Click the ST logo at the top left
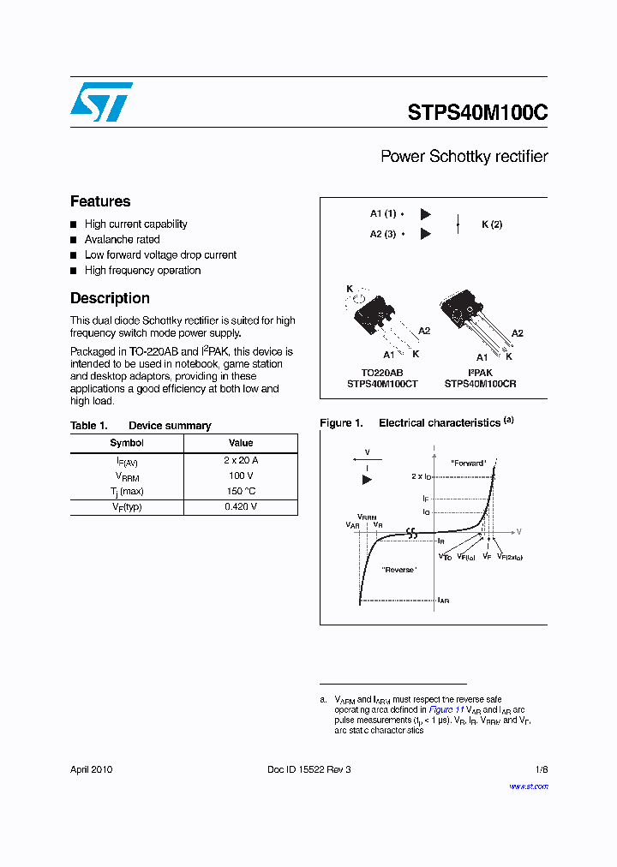tap(101, 102)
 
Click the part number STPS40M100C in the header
tap(477, 113)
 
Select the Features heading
tap(100, 201)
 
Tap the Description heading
tap(110, 298)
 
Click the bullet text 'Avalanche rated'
tap(122, 240)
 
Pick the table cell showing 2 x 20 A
tap(241, 460)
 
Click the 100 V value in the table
tap(241, 475)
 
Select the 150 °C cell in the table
tap(241, 491)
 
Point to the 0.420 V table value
tap(241, 506)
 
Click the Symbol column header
tap(127, 443)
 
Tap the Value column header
tap(241, 443)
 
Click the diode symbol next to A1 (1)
tap(425, 214)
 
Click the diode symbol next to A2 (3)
tap(425, 234)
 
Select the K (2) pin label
tap(492, 224)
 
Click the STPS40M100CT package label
tap(382, 384)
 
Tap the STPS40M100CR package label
tap(480, 384)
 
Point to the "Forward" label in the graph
tap(469, 463)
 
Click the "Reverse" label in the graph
tap(399, 570)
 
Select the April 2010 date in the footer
tap(91, 769)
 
